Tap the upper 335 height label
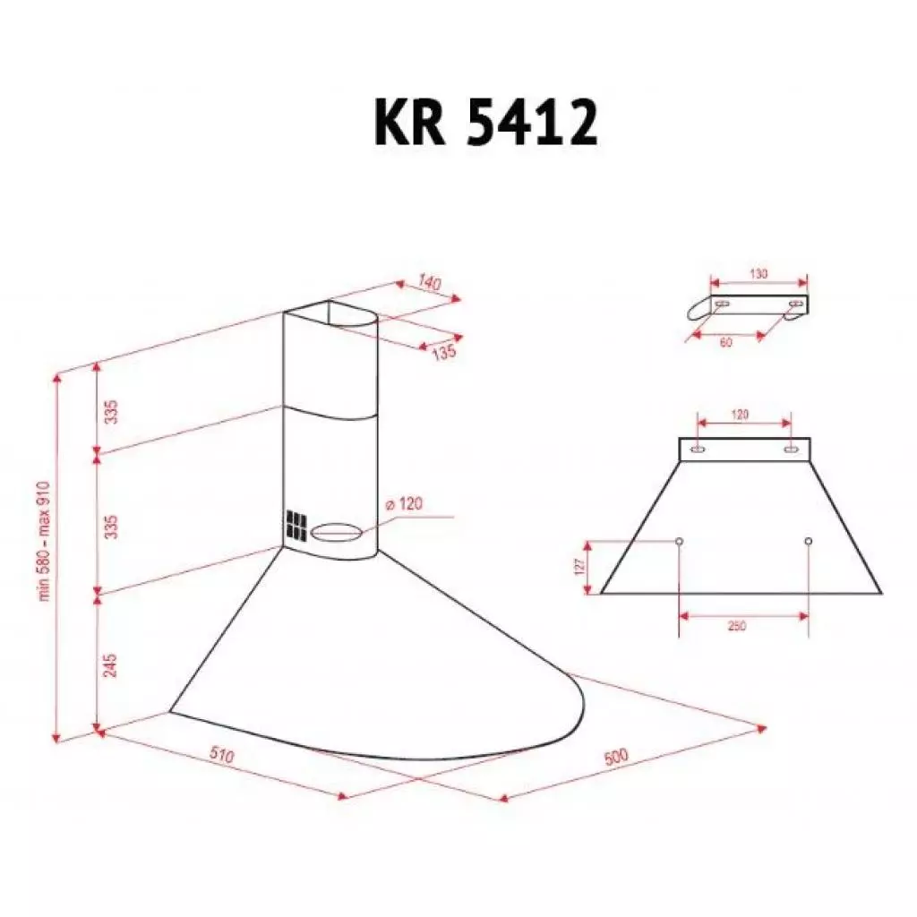[x=110, y=412]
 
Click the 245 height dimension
[x=110, y=664]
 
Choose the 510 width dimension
[x=222, y=758]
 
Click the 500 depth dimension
[x=616, y=757]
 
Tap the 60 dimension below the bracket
[x=726, y=342]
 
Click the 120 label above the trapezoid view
[x=740, y=415]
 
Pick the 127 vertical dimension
[x=580, y=566]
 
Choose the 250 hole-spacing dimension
[x=736, y=625]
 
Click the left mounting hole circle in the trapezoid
[x=679, y=542]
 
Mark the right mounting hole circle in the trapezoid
[x=809, y=542]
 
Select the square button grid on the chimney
[x=296, y=525]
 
